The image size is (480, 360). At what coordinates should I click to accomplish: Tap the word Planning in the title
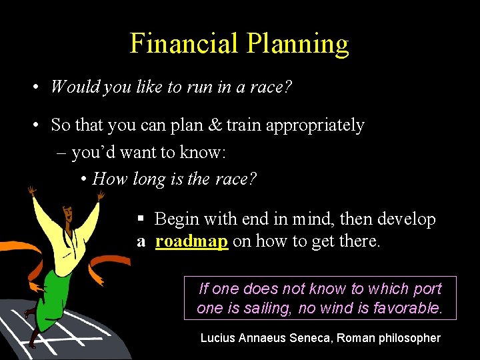297,45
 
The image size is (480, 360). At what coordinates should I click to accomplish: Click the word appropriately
315,126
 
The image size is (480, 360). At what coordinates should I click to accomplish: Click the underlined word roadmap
191,241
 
